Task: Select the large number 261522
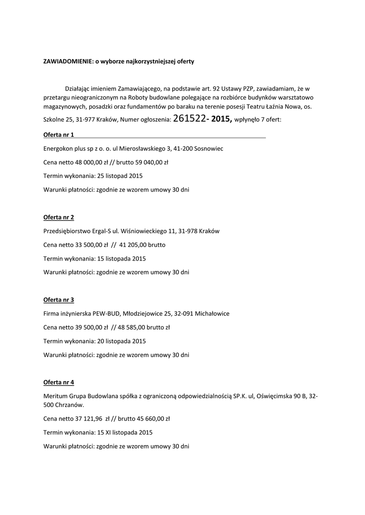pos(189,119)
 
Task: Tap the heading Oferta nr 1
pos(58,135)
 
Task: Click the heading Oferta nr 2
pos(58,217)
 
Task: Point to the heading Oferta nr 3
pos(58,300)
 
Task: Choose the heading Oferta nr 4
pos(58,382)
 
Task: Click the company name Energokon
pos(58,149)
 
